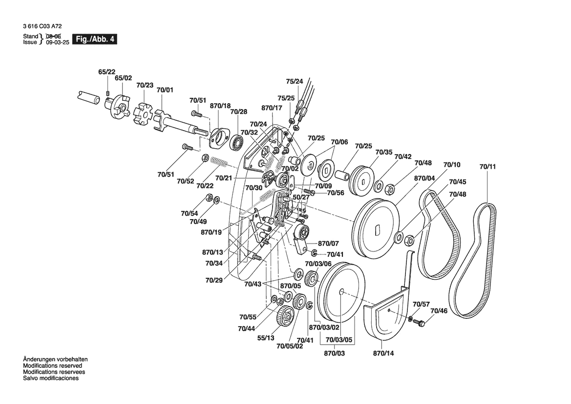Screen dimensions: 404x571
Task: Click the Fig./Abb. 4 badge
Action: pos(94,39)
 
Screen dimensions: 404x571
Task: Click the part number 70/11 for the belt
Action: pos(487,167)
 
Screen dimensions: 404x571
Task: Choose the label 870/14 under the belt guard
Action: pos(383,353)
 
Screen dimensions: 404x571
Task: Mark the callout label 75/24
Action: pos(294,81)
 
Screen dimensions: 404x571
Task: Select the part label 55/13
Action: pos(266,338)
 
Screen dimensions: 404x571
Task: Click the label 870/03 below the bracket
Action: pos(335,353)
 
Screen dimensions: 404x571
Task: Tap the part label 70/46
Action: pos(438,311)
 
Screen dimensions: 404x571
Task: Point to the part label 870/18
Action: pos(220,106)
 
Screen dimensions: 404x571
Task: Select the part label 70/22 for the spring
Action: pos(205,186)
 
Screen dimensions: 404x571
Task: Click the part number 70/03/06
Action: pos(317,264)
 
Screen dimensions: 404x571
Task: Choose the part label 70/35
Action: pos(384,152)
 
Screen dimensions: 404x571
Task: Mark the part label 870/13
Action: pos(212,252)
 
